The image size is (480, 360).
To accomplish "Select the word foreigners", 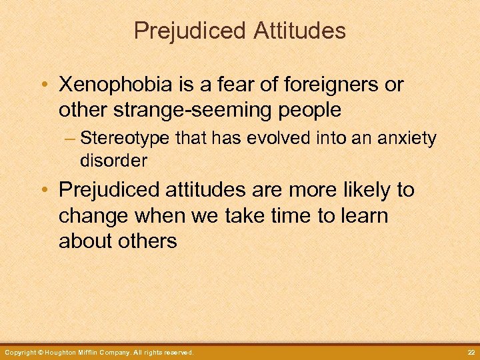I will [333, 85].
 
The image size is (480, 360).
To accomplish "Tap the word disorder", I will [113, 161].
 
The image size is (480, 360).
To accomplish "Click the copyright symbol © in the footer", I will [39, 352].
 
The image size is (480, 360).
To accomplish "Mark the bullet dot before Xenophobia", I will [43, 85].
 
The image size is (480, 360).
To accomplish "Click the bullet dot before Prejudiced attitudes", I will [43, 191].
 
